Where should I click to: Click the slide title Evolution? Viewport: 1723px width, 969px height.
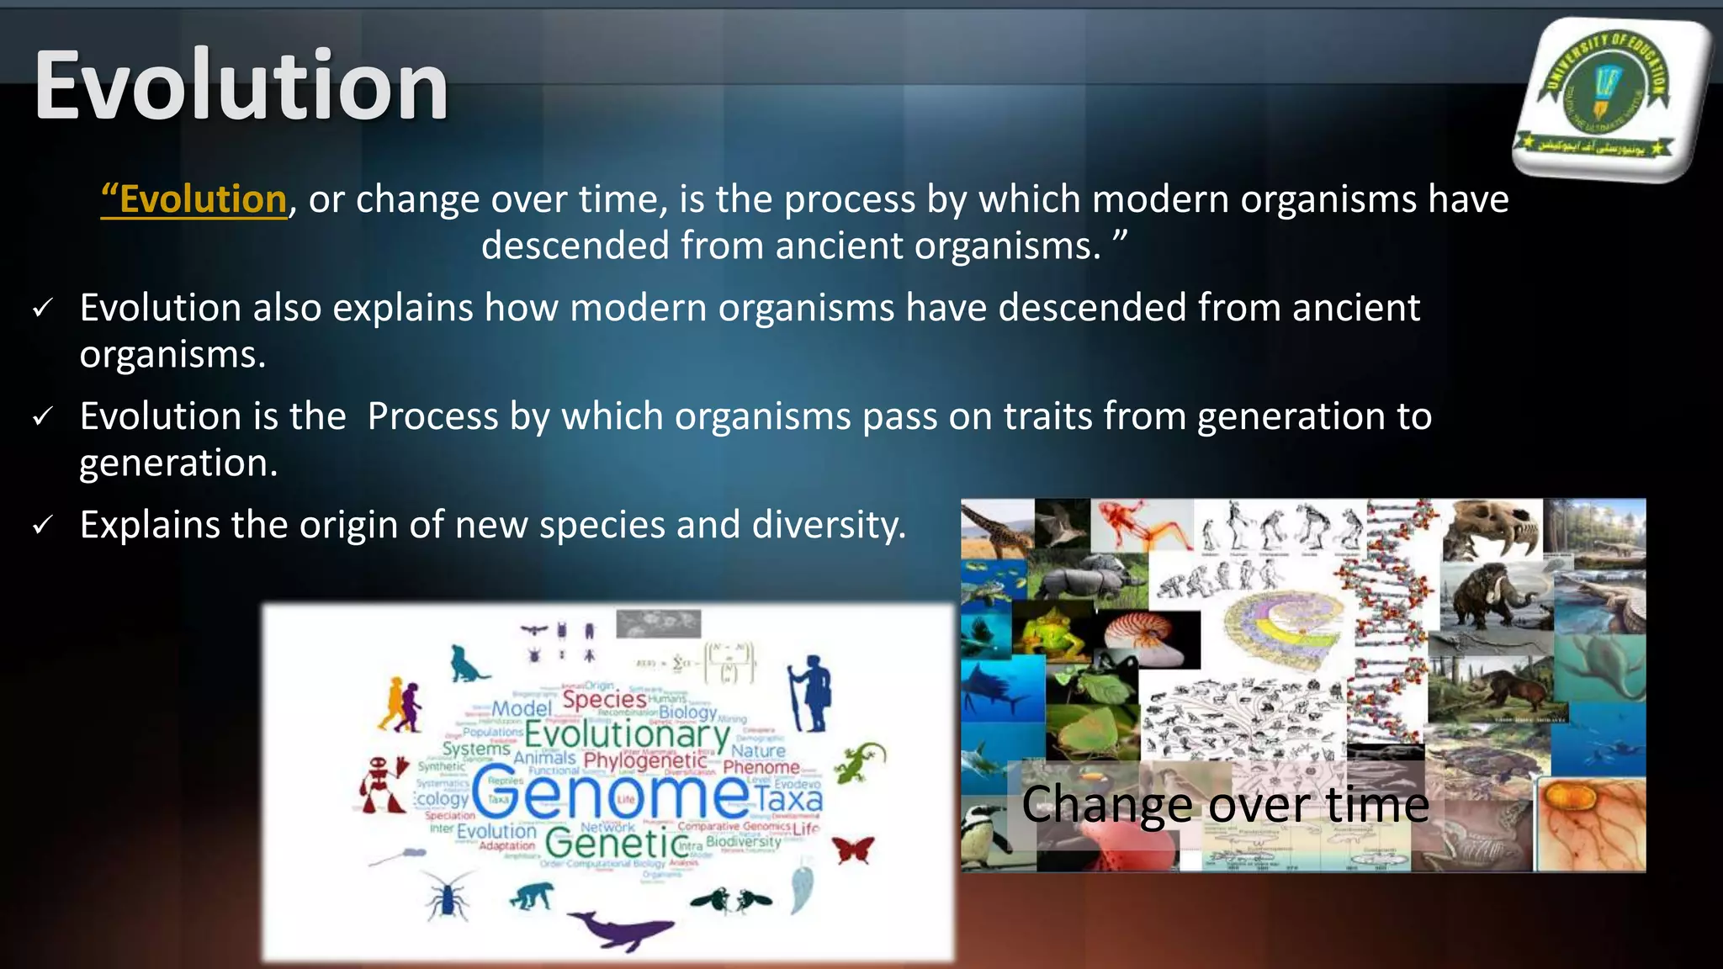241,87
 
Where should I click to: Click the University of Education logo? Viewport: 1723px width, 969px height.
1609,97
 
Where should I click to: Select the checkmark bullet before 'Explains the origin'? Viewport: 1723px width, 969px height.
42,526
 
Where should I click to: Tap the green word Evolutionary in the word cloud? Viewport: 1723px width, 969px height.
627,734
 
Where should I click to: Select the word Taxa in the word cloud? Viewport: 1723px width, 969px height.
788,797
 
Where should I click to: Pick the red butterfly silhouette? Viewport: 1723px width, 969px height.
853,850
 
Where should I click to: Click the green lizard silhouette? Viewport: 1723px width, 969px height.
860,761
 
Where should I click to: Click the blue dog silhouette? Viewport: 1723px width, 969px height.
465,665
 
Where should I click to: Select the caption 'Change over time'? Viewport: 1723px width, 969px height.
1225,804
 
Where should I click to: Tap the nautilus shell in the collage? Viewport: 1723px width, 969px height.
1148,635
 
